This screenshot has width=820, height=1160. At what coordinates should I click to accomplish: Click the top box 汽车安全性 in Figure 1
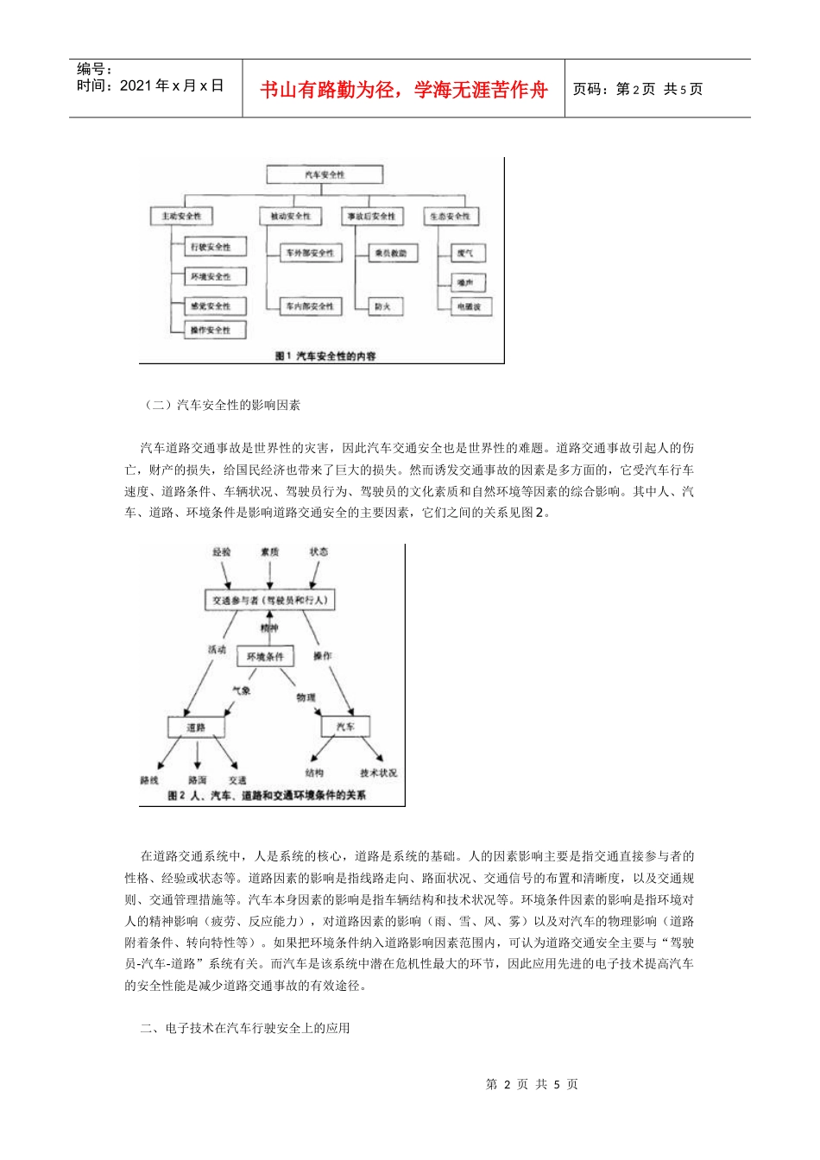(324, 174)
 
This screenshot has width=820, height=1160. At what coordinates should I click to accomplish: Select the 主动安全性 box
(181, 216)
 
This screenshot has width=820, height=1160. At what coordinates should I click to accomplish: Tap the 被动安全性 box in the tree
(290, 216)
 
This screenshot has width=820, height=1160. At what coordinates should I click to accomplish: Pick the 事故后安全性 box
(371, 216)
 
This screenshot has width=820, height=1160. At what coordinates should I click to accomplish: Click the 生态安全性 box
(450, 216)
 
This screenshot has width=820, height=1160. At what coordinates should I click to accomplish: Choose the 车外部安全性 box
(310, 253)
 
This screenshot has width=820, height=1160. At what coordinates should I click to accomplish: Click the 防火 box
(382, 306)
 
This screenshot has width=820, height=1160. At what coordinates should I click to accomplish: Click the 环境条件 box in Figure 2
(265, 657)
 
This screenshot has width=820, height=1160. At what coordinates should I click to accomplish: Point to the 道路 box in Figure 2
(196, 727)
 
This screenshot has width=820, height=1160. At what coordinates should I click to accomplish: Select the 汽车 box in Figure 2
(345, 727)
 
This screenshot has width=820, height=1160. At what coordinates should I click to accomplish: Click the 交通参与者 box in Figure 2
(269, 600)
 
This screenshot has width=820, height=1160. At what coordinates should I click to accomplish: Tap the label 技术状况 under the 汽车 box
(378, 772)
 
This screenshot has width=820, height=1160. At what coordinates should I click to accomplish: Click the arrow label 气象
(241, 690)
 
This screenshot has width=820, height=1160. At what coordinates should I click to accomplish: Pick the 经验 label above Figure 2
(222, 552)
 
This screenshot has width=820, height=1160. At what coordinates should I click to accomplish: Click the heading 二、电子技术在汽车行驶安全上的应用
(245, 1028)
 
